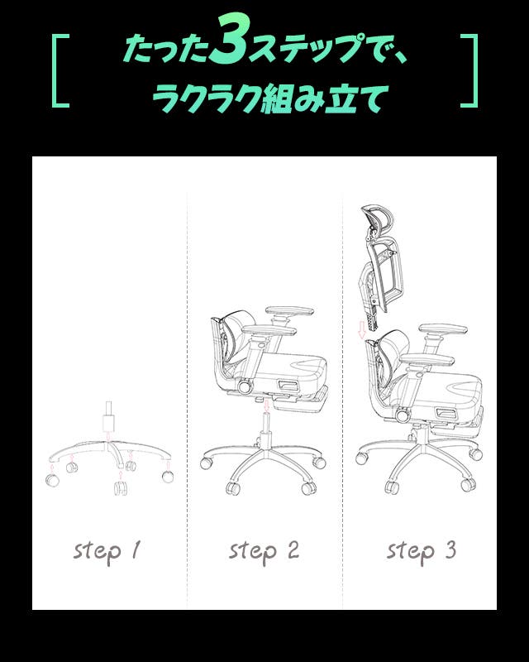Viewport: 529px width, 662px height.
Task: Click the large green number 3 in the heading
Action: [x=231, y=40]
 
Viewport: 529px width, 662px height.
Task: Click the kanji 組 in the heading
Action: [x=276, y=98]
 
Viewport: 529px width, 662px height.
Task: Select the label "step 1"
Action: [x=107, y=551]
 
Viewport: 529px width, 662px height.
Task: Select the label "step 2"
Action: [x=264, y=551]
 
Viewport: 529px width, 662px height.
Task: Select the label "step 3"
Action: [x=422, y=551]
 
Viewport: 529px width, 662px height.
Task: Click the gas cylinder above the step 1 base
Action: [x=108, y=417]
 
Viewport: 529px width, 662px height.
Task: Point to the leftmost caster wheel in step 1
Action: [x=53, y=480]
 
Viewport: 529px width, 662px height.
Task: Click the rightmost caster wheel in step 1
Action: [x=168, y=477]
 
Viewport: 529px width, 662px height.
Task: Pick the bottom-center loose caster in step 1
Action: [x=120, y=487]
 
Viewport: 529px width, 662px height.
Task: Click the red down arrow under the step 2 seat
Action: [x=266, y=406]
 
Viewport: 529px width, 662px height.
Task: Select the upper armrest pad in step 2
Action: [x=289, y=311]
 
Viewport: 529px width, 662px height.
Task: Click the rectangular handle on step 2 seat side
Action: [x=289, y=385]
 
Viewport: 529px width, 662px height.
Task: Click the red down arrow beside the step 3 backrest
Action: [x=361, y=329]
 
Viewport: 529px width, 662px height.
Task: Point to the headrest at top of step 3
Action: [x=376, y=223]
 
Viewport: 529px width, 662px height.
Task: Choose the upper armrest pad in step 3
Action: [x=443, y=329]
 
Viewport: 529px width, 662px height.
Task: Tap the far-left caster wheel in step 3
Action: [x=361, y=458]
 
